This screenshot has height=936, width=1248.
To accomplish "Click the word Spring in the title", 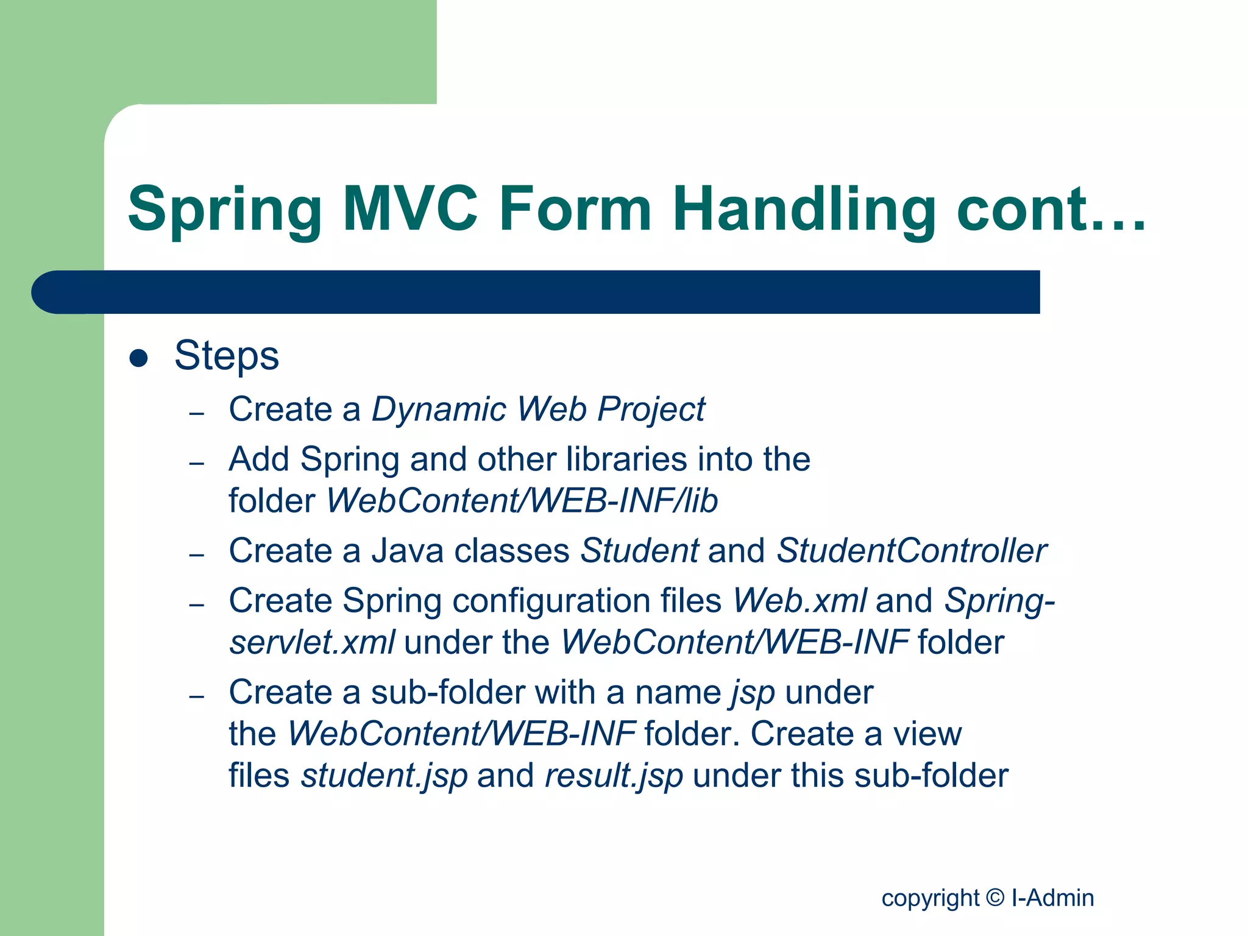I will click(x=224, y=210).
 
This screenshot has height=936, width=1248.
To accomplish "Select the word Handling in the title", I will click(x=804, y=210).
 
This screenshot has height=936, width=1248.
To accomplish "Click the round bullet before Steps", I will click(x=139, y=358).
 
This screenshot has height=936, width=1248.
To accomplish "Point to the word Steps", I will click(x=227, y=355).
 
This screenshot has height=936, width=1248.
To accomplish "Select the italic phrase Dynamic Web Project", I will click(x=538, y=409).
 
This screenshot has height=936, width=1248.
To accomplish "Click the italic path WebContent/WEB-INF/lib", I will click(x=522, y=501).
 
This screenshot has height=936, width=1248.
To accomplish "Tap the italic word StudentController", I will click(x=912, y=551).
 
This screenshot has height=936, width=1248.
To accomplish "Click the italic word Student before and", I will click(x=639, y=551).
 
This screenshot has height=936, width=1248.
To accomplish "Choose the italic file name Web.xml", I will click(x=799, y=601).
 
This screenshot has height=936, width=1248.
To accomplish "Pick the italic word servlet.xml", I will click(x=312, y=642).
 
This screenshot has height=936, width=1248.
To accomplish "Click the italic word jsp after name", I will click(x=753, y=693).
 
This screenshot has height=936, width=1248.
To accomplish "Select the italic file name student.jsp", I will click(x=385, y=776).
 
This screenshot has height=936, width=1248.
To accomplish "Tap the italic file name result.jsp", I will click(x=614, y=776).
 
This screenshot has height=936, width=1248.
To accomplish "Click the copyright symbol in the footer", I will click(x=994, y=897).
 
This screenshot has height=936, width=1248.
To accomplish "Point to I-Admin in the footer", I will click(x=1052, y=898).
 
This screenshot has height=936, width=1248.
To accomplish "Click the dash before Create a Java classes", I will click(x=196, y=555).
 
